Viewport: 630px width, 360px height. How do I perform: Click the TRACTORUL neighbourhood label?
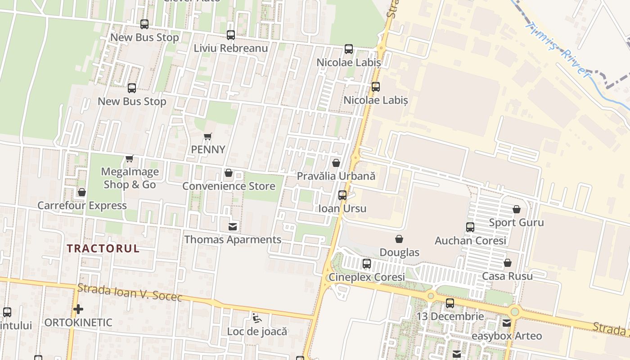[103, 248]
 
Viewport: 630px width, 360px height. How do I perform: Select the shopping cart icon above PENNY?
[207, 136]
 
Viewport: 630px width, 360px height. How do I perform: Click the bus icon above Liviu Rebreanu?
[231, 35]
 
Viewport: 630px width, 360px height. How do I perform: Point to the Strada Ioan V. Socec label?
[130, 292]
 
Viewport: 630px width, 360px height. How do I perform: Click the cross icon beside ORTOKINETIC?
[78, 309]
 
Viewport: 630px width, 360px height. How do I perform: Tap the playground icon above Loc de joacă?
[256, 318]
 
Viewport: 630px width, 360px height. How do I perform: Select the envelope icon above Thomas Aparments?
[233, 227]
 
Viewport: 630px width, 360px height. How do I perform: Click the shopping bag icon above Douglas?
[399, 239]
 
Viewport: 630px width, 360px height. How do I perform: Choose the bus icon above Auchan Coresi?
[470, 227]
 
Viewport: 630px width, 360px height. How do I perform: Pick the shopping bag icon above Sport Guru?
[517, 209]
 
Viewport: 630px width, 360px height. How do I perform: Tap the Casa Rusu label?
[507, 276]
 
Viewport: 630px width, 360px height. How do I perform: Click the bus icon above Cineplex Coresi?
[367, 264]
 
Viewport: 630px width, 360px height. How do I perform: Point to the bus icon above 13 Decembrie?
[450, 303]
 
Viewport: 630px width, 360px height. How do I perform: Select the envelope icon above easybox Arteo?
[507, 323]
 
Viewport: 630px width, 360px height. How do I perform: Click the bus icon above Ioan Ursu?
[342, 195]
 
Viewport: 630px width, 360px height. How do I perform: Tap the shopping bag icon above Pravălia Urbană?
[336, 163]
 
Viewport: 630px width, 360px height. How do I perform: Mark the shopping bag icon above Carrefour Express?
[82, 192]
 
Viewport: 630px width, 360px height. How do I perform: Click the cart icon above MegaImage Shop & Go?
[130, 158]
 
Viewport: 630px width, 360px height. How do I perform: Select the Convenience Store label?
[229, 186]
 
